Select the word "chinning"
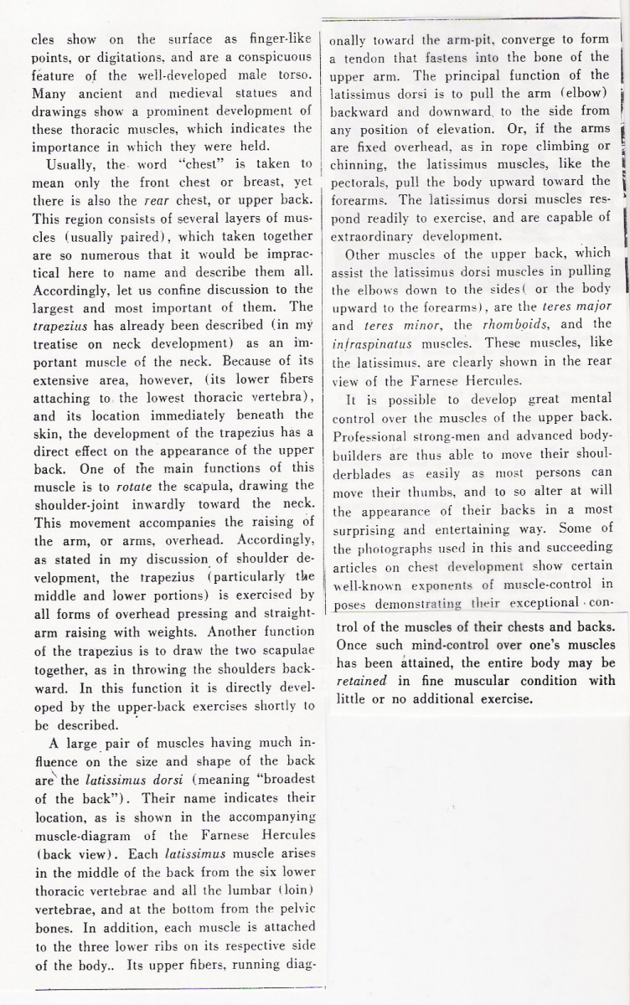coord(358,164)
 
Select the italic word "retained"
coord(362,681)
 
